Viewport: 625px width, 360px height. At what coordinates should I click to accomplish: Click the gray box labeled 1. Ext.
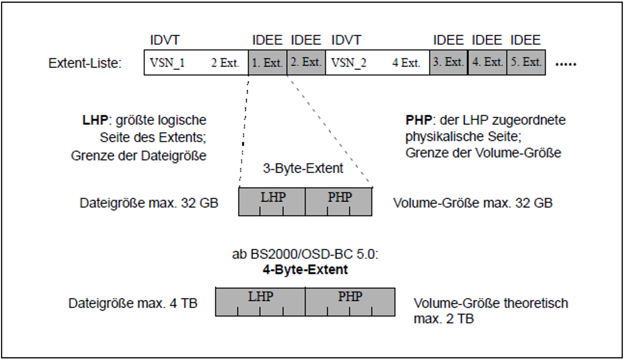267,62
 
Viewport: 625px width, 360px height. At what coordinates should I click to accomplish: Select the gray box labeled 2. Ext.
306,62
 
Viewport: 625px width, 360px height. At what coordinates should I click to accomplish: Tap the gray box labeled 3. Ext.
449,62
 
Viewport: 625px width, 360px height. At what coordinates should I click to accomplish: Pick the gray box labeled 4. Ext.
487,62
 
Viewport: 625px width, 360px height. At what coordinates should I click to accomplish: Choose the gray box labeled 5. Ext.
526,62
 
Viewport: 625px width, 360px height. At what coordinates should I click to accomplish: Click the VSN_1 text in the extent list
167,63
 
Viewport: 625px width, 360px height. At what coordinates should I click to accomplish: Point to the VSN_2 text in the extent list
348,63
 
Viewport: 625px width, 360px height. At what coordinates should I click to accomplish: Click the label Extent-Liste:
85,63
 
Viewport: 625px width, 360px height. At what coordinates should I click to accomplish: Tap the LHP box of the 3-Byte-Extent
272,201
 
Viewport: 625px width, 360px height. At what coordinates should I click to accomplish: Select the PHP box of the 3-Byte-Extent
339,201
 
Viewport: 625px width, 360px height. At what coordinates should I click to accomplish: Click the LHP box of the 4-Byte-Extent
260,301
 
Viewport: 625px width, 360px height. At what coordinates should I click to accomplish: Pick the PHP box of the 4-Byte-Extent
350,301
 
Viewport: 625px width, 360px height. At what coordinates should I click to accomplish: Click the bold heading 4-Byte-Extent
305,269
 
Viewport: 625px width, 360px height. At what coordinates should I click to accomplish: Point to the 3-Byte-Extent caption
303,168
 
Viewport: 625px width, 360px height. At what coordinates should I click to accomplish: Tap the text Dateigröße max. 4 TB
133,303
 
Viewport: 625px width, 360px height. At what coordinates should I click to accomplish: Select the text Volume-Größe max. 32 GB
473,203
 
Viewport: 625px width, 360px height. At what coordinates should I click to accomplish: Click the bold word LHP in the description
95,120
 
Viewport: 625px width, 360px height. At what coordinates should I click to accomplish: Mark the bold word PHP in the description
418,120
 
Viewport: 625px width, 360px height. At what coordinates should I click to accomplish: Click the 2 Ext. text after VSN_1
225,63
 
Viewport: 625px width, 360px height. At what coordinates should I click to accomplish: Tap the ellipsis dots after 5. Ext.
566,65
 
